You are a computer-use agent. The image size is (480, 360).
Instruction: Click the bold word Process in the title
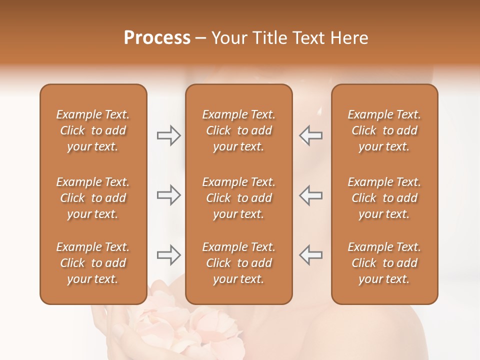click(157, 38)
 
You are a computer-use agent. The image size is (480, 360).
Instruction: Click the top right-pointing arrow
click(168, 135)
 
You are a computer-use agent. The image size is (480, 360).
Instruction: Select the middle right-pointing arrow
click(168, 195)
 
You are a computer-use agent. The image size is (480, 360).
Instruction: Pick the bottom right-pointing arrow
click(168, 255)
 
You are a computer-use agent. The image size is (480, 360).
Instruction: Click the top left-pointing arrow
click(311, 135)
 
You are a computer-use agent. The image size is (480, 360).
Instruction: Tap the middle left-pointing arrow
click(311, 195)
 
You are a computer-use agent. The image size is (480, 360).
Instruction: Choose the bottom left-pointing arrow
click(311, 255)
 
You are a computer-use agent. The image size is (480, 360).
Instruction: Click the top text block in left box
click(93, 130)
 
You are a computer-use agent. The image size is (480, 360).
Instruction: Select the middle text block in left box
click(93, 198)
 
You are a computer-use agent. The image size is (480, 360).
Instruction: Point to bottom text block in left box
click(93, 263)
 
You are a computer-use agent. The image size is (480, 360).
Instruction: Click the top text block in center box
click(238, 130)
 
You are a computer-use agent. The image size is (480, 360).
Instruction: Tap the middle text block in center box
click(238, 198)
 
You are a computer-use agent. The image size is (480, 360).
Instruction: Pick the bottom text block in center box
click(238, 263)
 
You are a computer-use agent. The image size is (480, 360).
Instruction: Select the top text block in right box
click(384, 130)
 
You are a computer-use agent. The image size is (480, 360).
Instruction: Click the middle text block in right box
click(384, 198)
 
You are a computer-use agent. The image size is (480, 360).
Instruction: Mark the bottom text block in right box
click(384, 263)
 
